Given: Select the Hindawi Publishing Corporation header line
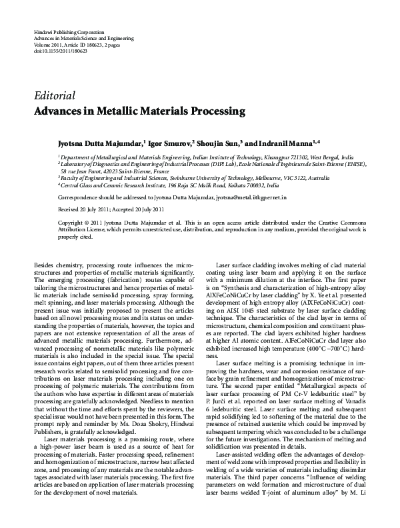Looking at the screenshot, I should tap(68, 32).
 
